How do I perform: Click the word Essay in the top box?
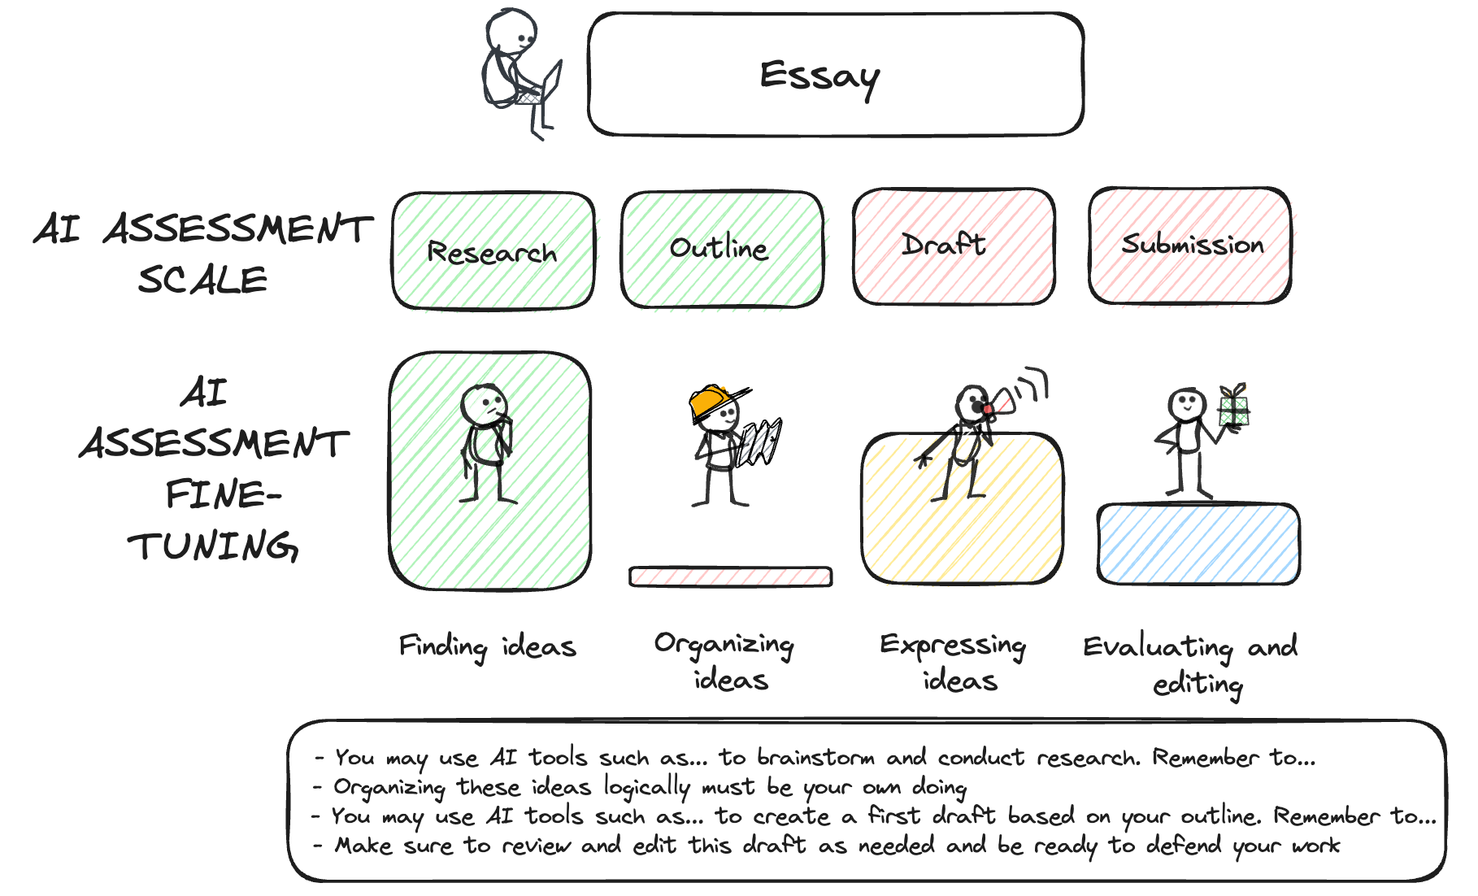click(x=819, y=76)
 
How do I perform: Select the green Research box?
click(x=493, y=251)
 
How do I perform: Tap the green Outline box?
click(x=720, y=249)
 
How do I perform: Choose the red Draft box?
click(x=953, y=246)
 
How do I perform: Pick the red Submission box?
click(x=1190, y=245)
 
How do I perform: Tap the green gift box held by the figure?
click(x=1233, y=406)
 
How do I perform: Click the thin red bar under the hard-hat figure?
click(x=730, y=576)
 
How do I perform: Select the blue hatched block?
click(x=1198, y=543)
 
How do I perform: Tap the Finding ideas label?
click(x=487, y=647)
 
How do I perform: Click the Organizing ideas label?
click(x=725, y=660)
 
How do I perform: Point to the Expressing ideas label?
click(x=953, y=661)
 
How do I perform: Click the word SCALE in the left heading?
click(x=202, y=281)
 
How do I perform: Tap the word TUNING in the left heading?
click(x=213, y=546)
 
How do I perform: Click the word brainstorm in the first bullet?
click(x=815, y=758)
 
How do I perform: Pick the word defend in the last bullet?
click(x=1183, y=846)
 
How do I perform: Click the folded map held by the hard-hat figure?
click(x=760, y=442)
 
